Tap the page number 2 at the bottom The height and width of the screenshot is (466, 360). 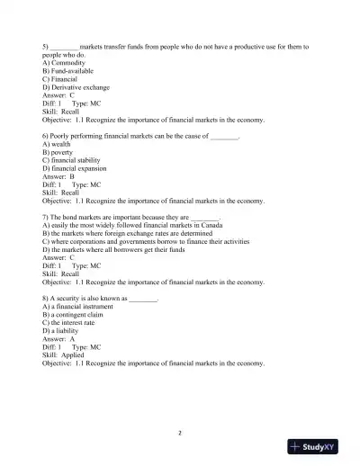coord(180,433)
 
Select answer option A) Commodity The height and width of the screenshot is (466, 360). coord(64,63)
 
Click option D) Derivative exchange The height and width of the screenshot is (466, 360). coord(76,86)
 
